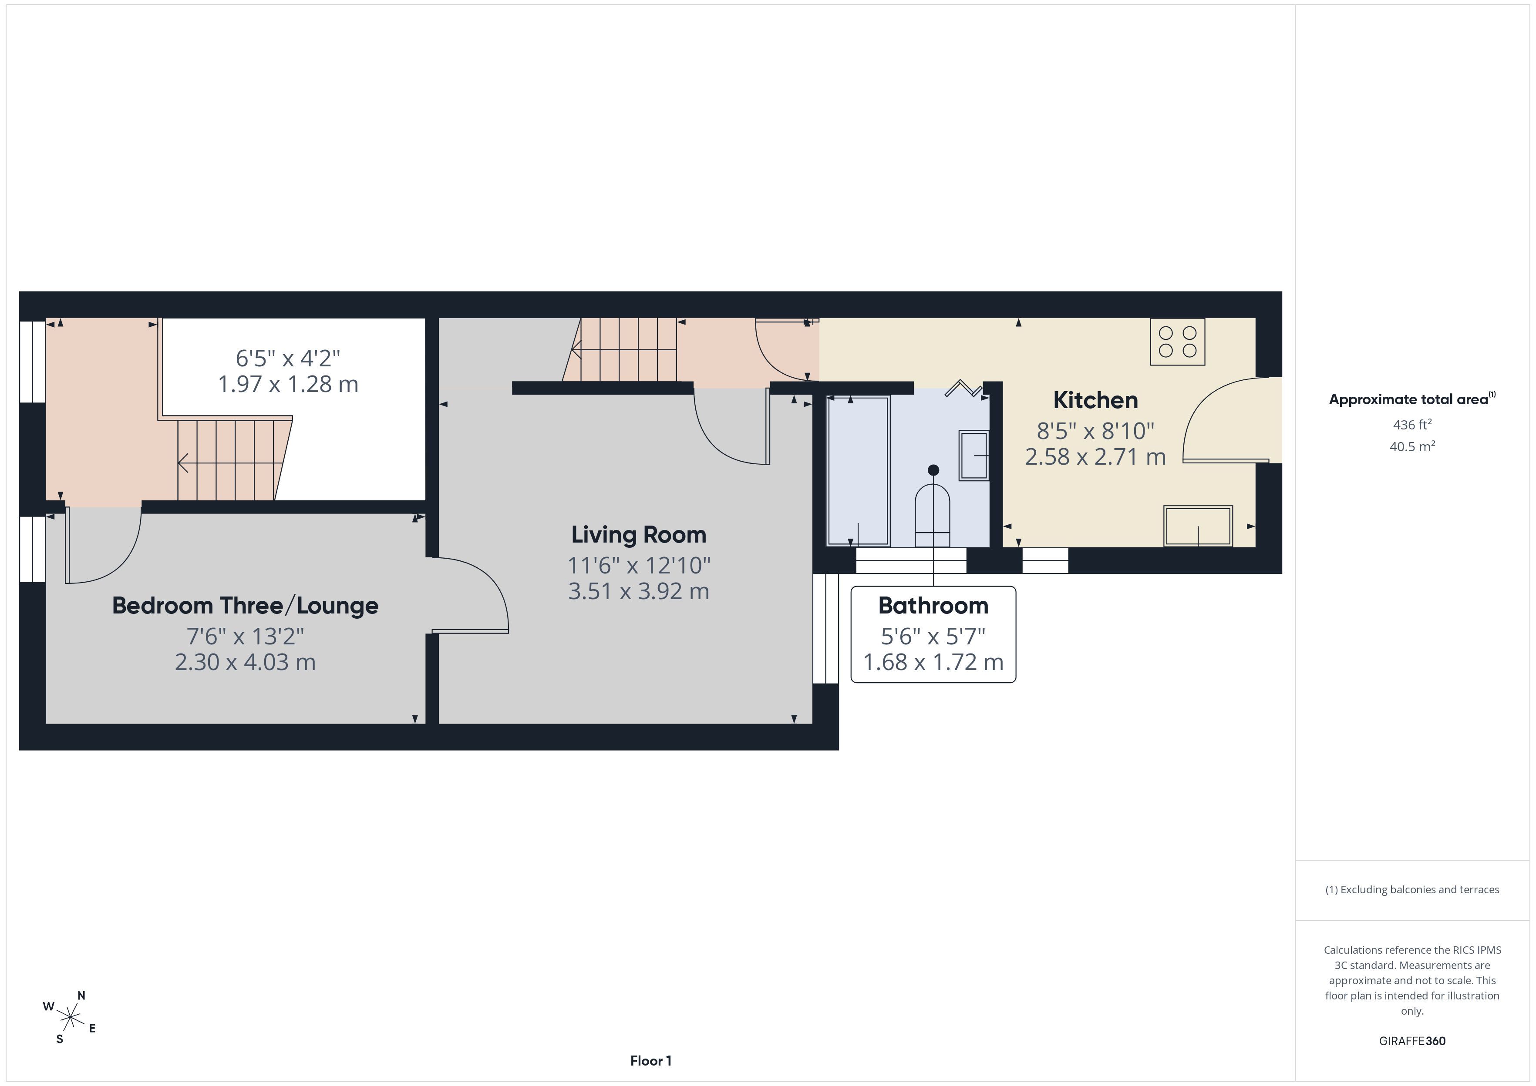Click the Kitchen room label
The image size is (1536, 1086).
pyautogui.click(x=1095, y=400)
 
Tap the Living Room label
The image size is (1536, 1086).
pyautogui.click(x=639, y=534)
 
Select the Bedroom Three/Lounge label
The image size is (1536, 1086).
pyautogui.click(x=245, y=605)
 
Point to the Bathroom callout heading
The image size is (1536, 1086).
pyautogui.click(x=933, y=605)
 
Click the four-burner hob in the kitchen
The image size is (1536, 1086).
pyautogui.click(x=1177, y=342)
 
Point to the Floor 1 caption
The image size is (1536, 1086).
pyautogui.click(x=651, y=1061)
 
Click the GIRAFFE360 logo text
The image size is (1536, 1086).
pyautogui.click(x=1412, y=1040)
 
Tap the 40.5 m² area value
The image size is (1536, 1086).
pyautogui.click(x=1412, y=446)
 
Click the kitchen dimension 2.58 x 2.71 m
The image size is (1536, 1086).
pyautogui.click(x=1095, y=456)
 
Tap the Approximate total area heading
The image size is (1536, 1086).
pyautogui.click(x=1412, y=399)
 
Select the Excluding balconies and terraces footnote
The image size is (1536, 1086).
pyautogui.click(x=1412, y=889)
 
